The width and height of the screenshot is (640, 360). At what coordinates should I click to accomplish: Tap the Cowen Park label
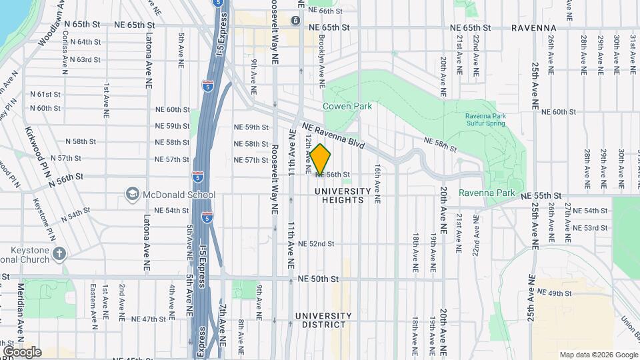[347, 106]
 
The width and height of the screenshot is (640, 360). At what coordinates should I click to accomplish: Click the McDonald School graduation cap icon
[131, 195]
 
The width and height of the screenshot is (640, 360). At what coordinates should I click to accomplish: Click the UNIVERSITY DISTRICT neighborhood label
[323, 320]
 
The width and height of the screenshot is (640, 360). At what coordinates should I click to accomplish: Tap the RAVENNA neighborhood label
[534, 28]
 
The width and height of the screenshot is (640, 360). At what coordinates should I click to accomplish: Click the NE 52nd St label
[316, 244]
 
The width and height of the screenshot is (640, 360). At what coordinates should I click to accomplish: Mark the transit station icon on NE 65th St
[295, 21]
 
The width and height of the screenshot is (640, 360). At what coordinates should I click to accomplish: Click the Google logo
[22, 352]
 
